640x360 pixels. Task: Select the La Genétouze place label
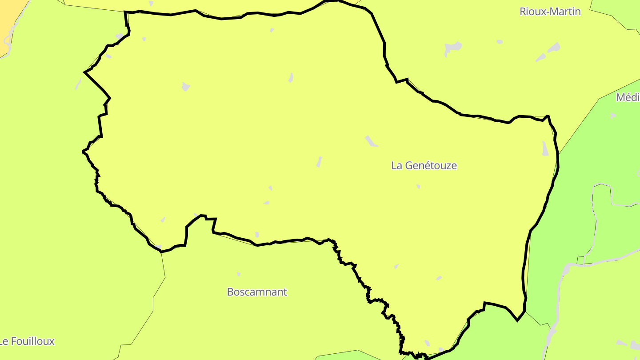tap(424, 165)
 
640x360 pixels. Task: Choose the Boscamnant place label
tap(257, 292)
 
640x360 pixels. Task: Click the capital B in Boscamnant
tap(230, 292)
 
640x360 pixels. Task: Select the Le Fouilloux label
tap(28, 341)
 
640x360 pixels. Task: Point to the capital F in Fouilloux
tap(16, 341)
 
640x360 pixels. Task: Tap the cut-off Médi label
tap(628, 98)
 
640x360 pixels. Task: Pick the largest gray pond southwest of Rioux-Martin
tap(453, 47)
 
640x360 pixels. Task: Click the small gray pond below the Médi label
tap(613, 116)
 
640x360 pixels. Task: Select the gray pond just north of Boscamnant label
tap(239, 274)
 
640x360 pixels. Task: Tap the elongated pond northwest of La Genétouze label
tap(371, 141)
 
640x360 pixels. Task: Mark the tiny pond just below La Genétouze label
tap(418, 187)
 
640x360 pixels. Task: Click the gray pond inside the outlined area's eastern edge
tap(545, 148)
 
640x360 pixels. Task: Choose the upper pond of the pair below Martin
tap(554, 47)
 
